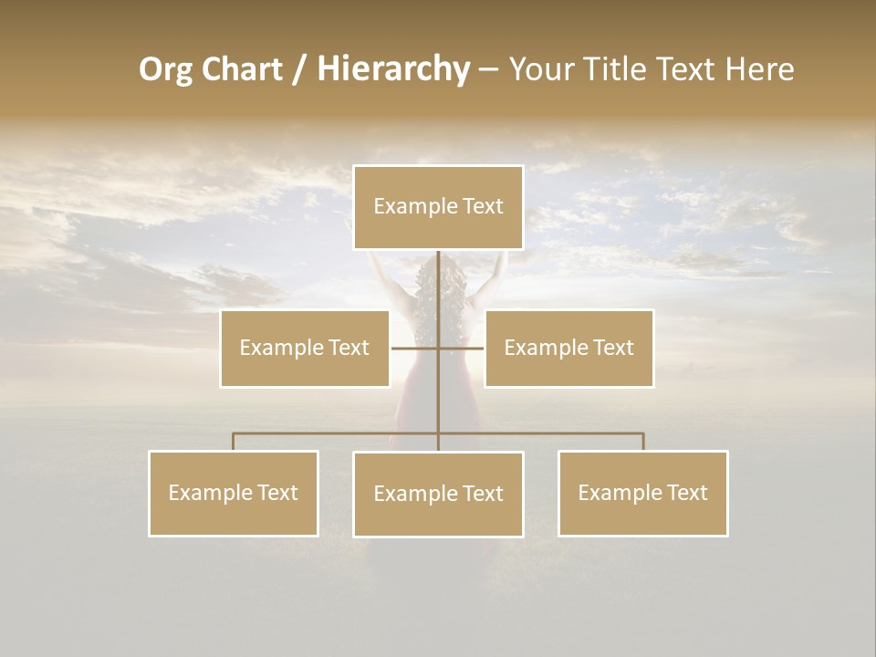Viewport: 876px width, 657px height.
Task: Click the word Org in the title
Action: pyautogui.click(x=167, y=69)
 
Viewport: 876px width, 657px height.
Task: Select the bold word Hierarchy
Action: pyautogui.click(x=392, y=69)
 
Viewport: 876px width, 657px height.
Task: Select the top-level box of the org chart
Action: pyautogui.click(x=438, y=207)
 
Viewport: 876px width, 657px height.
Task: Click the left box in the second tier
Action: pyautogui.click(x=305, y=348)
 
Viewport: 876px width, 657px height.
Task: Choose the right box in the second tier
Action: pyautogui.click(x=568, y=348)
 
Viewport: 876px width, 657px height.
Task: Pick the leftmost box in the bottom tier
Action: pyautogui.click(x=234, y=493)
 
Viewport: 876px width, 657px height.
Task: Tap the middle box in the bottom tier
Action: pyautogui.click(x=438, y=494)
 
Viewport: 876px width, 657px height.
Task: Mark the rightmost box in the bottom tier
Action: pyautogui.click(x=642, y=493)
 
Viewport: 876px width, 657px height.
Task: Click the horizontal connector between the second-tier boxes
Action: pyautogui.click(x=415, y=348)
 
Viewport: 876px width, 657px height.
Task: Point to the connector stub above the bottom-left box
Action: pyautogui.click(x=234, y=442)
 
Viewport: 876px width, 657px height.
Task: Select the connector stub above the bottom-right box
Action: pyautogui.click(x=642, y=442)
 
